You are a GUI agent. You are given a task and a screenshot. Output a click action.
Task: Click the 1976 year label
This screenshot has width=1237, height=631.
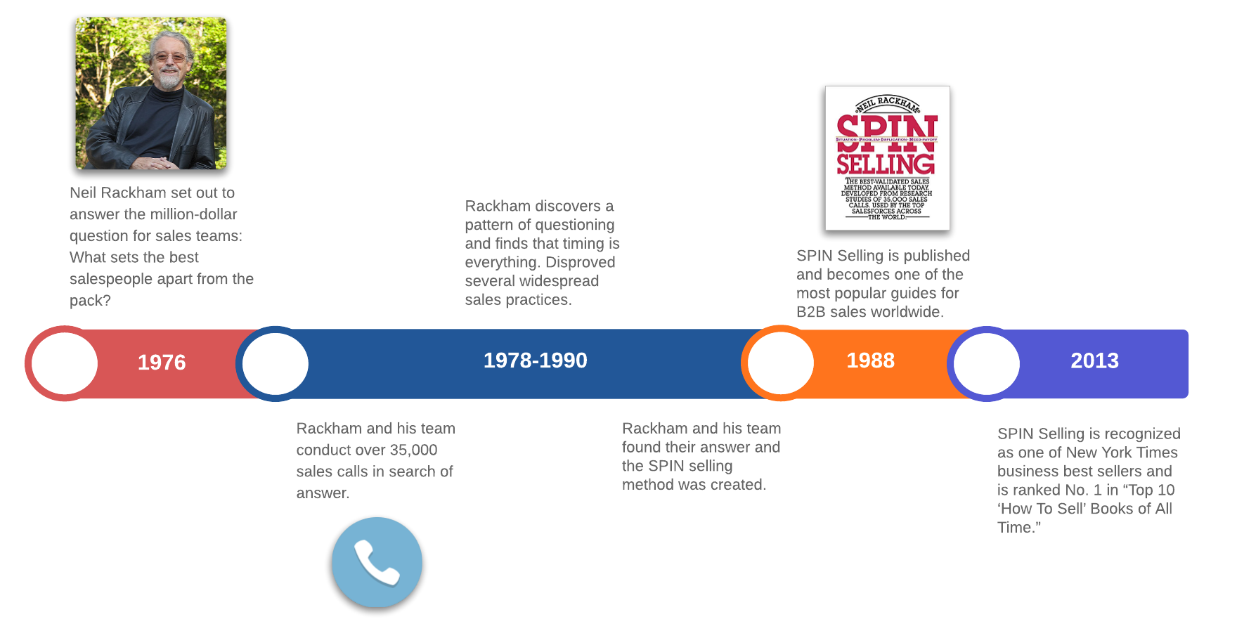click(x=162, y=363)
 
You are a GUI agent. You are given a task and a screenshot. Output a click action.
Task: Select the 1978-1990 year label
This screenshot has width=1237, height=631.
click(x=535, y=360)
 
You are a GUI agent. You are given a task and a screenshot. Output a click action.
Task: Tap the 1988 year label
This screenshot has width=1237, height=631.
click(x=870, y=360)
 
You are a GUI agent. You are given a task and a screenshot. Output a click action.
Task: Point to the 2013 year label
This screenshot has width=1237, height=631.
click(x=1094, y=360)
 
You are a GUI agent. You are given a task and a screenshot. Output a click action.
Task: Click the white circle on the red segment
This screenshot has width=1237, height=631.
click(x=65, y=363)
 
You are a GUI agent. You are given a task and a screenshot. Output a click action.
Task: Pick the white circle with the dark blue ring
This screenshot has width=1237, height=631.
click(x=276, y=363)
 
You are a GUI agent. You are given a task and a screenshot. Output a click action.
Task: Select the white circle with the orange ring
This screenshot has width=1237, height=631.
click(x=780, y=363)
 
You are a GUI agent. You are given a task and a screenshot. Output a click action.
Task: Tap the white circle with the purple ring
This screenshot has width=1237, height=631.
click(x=986, y=363)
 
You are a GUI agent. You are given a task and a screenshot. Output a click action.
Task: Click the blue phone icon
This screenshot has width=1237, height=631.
click(x=377, y=562)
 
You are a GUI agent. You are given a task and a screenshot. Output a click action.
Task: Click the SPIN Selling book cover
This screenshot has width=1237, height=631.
click(x=887, y=158)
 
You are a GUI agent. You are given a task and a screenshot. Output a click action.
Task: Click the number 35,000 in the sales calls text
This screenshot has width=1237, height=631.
click(x=413, y=450)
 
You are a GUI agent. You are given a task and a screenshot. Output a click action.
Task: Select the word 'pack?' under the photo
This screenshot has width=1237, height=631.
click(x=90, y=301)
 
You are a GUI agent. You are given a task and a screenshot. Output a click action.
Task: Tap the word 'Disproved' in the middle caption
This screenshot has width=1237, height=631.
click(x=580, y=262)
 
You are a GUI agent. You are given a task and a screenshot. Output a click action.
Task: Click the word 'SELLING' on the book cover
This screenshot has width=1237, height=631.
click(x=886, y=164)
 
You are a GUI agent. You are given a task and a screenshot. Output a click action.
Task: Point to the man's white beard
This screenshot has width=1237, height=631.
click(x=168, y=79)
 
